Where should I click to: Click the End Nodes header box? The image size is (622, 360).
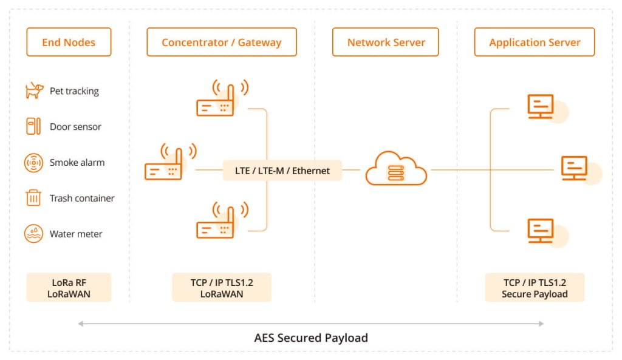[69, 42]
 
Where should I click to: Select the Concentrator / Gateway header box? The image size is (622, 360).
[222, 42]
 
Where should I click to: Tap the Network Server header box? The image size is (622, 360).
[386, 42]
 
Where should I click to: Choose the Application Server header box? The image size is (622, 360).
[535, 42]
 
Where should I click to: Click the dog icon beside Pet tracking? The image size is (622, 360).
[33, 91]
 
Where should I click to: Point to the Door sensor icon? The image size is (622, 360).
[33, 127]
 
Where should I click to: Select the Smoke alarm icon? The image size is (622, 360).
[33, 163]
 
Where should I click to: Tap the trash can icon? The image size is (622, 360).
[33, 198]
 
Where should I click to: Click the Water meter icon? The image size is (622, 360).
[33, 234]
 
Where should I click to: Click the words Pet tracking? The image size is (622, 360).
[74, 91]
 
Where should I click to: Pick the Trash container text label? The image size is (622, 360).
[82, 198]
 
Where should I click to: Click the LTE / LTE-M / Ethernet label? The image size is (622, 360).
[282, 171]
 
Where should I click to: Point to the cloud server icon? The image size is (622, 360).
[396, 169]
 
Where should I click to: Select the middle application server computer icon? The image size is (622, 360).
[574, 168]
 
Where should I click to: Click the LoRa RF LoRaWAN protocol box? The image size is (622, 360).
[69, 288]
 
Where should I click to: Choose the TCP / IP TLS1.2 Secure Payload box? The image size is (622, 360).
[535, 288]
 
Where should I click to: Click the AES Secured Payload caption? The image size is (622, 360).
[311, 338]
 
